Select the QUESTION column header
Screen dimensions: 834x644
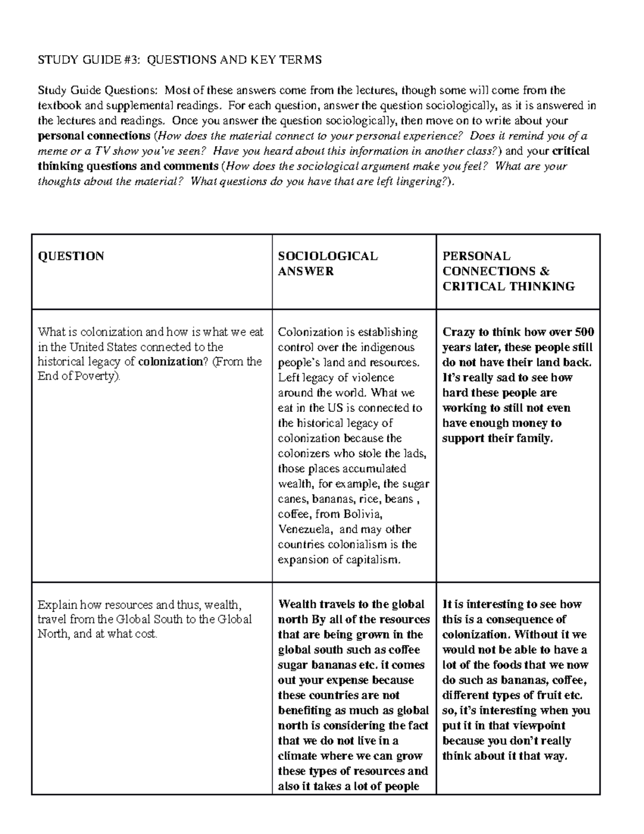click(71, 256)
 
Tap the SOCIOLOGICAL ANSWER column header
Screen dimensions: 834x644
click(328, 263)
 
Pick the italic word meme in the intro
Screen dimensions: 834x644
click(52, 151)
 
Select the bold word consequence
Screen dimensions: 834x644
click(518, 619)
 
